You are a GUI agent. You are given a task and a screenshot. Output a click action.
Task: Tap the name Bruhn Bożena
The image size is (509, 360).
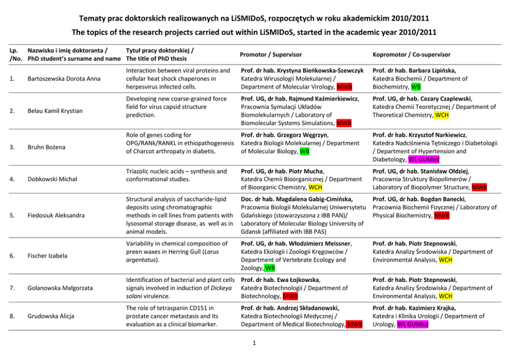[47, 147]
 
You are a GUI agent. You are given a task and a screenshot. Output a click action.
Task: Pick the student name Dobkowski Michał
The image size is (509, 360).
[52, 179]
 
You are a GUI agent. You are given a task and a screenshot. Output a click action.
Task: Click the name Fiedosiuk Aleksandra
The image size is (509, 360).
[56, 216]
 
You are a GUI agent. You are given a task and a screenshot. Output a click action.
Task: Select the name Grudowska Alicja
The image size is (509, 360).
[51, 316]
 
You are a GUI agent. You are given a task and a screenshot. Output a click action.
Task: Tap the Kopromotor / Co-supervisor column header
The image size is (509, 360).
[412, 54]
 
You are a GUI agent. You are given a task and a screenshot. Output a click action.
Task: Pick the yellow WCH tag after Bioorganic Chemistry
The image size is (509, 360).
[316, 187]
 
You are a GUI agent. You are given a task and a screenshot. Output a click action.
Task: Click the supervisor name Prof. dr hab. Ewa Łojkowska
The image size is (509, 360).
[281, 280]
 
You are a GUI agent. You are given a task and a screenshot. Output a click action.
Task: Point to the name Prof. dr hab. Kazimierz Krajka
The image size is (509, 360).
[415, 308]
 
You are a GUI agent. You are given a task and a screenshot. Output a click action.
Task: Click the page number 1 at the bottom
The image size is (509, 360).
[254, 344]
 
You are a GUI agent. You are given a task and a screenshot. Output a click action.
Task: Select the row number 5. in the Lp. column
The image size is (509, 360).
[13, 216]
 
